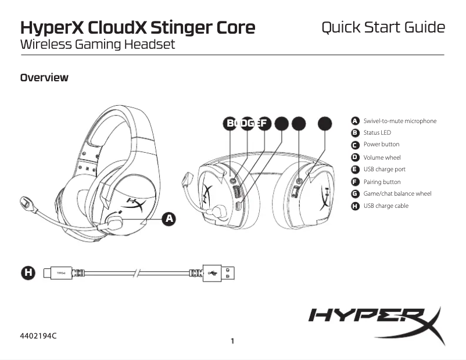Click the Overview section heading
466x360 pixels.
[44, 77]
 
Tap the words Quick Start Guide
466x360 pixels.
[383, 27]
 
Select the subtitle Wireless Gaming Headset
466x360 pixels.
[97, 44]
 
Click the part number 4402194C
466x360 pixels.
[40, 336]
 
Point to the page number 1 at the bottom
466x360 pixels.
[232, 341]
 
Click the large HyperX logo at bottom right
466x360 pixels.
[375, 321]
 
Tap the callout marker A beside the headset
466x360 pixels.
[169, 218]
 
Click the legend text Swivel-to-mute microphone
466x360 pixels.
[400, 121]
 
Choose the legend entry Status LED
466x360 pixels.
[377, 133]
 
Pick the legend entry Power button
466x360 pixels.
[381, 145]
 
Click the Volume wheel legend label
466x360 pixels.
[382, 157]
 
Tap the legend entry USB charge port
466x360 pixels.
[384, 170]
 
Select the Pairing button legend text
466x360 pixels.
[382, 182]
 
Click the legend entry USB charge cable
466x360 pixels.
[386, 206]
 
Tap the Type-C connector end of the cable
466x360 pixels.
[58, 272]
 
